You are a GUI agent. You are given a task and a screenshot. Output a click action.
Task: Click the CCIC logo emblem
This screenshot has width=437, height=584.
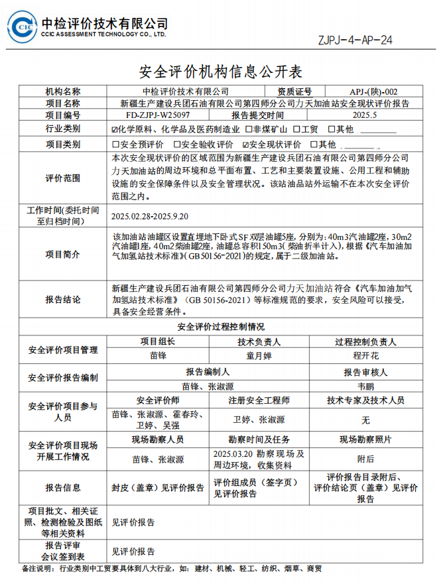tap(22, 27)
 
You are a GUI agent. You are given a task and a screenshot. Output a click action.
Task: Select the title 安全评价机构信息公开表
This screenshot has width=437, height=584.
tap(218, 70)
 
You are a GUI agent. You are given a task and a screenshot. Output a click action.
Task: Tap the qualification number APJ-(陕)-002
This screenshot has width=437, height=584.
tap(374, 91)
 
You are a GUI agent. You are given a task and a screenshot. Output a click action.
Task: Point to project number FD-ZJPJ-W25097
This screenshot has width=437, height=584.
tap(152, 115)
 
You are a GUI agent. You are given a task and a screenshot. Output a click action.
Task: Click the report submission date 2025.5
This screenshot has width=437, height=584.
tap(364, 115)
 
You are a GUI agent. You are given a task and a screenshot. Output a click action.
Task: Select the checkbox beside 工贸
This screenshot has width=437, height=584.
tap(296, 129)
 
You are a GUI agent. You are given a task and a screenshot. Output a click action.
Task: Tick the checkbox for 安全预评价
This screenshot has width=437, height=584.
tap(116, 144)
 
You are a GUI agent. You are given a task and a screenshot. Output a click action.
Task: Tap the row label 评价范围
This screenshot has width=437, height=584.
tap(62, 178)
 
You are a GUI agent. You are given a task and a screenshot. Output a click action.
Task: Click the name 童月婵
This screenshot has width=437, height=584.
tap(259, 356)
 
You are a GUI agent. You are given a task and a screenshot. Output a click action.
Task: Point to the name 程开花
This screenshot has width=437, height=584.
tap(365, 356)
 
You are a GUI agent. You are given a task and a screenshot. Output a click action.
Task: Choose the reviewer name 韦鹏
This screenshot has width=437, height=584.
tap(365, 385)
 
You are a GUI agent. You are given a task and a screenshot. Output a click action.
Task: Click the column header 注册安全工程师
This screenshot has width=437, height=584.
tap(259, 401)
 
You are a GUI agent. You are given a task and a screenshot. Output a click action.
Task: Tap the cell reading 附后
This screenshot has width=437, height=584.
tap(365, 458)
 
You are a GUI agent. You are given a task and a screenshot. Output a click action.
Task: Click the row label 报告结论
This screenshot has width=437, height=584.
tap(62, 300)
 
